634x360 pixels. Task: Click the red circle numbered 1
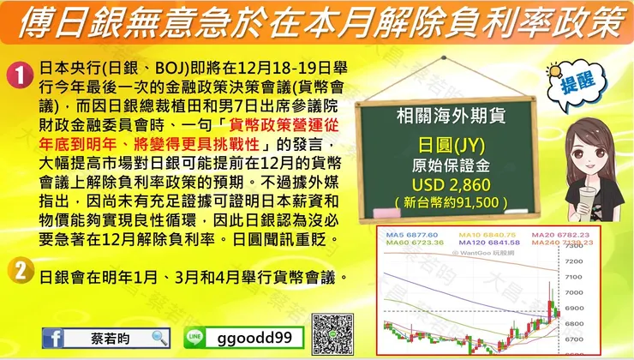(20, 75)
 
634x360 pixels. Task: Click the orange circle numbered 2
(20, 273)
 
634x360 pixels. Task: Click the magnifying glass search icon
(158, 337)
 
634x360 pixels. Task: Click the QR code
(332, 335)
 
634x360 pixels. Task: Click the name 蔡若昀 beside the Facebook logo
(110, 337)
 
